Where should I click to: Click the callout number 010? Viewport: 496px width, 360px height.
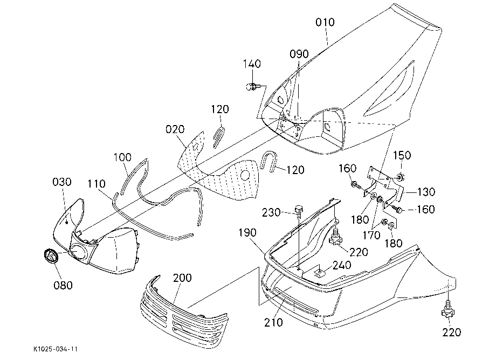[325, 22]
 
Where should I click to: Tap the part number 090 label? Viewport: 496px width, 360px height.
[299, 54]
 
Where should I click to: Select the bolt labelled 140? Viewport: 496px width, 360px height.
[252, 86]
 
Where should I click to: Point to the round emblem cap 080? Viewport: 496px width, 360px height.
[50, 255]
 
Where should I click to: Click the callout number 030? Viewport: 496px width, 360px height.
[62, 182]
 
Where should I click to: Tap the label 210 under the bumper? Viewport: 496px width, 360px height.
[273, 322]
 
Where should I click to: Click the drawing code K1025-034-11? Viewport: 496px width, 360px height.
[56, 349]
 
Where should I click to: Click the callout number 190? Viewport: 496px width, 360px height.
[247, 233]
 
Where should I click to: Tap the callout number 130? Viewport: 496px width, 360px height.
[425, 191]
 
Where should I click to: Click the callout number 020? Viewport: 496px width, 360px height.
[175, 129]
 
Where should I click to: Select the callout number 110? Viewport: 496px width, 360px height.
[97, 184]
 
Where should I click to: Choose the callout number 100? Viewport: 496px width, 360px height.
[122, 157]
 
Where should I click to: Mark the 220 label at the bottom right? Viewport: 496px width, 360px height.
[451, 332]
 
